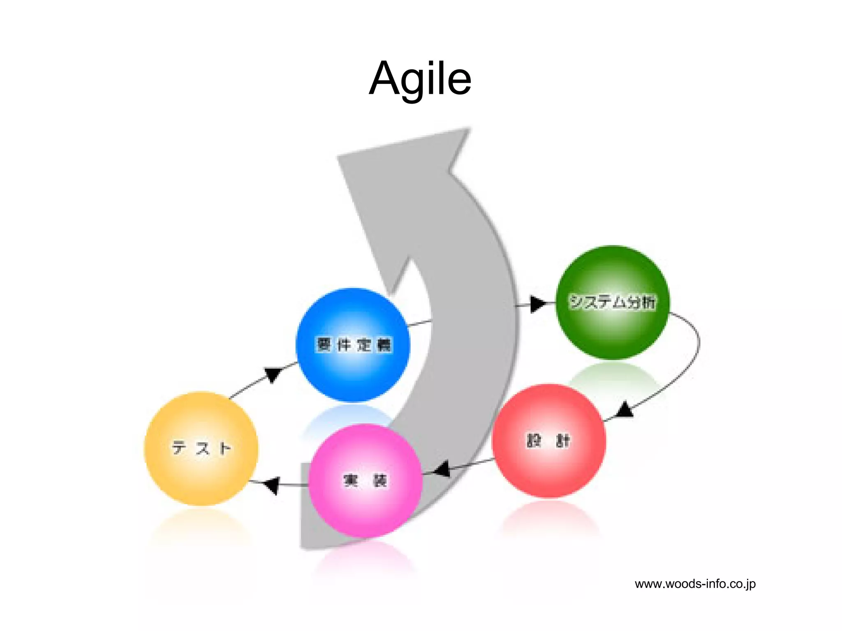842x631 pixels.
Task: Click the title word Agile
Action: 420,79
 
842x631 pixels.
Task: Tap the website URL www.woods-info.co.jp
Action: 695,584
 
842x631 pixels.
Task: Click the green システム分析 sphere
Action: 613,302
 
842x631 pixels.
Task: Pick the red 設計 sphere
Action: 548,441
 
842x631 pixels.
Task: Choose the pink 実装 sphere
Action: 365,480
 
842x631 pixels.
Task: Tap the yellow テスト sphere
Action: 201,448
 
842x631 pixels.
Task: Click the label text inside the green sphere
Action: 612,302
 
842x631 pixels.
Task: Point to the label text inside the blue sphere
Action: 354,344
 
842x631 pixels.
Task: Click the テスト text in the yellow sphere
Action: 201,448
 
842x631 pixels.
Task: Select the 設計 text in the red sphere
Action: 548,441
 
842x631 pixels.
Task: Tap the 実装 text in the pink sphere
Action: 365,480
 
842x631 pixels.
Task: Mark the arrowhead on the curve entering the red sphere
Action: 625,410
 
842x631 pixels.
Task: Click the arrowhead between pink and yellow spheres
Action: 272,485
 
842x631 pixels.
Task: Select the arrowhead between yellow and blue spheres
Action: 273,374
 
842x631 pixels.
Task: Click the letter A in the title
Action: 384,78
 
